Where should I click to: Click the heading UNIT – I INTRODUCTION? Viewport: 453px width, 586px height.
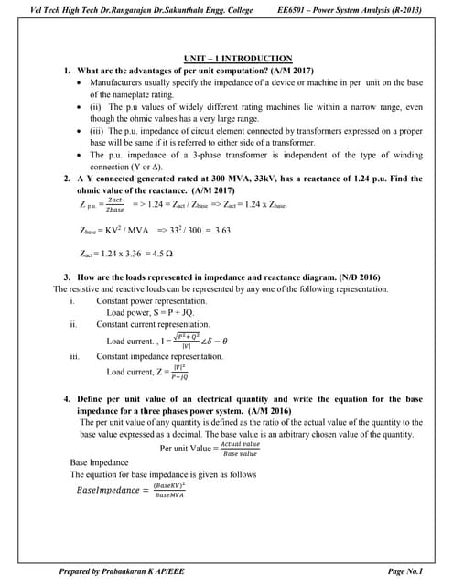(226, 58)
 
